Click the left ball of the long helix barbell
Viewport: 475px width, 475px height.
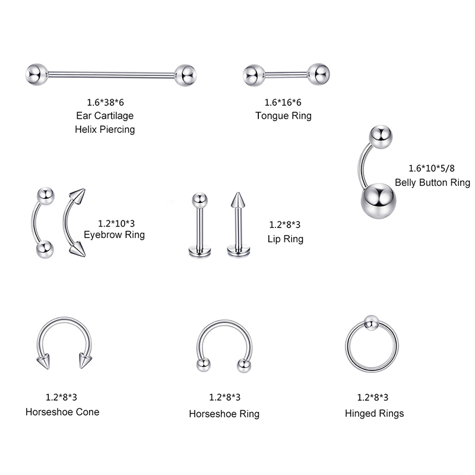(x=36, y=74)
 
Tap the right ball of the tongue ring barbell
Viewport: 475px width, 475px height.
(x=319, y=74)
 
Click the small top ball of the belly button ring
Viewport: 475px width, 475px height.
(x=381, y=136)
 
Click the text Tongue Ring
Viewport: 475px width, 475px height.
(x=283, y=116)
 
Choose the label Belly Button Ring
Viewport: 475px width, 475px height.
(x=432, y=182)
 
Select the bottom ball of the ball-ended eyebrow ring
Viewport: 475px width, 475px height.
(x=44, y=249)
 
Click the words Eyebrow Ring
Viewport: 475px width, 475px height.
(x=114, y=235)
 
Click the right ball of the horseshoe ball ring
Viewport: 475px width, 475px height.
(x=243, y=365)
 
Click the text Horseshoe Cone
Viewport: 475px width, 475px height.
(x=62, y=411)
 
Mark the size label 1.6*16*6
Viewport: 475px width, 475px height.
(x=283, y=102)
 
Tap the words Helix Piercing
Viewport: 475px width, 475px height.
(x=105, y=129)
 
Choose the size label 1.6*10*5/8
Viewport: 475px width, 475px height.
(x=432, y=168)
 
